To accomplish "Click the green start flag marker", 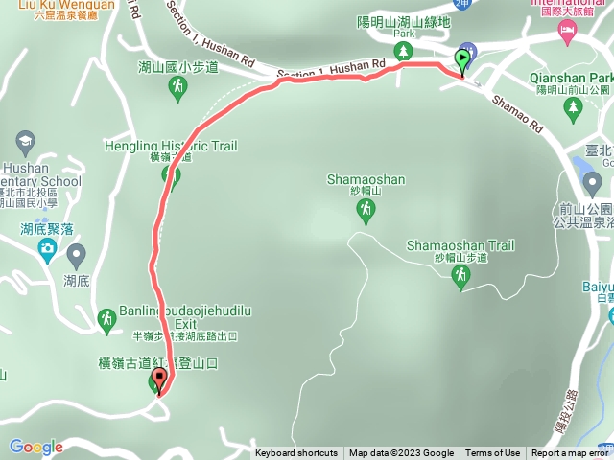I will coord(462,59).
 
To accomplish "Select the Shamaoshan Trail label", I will coord(461,245).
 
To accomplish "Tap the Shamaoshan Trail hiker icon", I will coord(461,275).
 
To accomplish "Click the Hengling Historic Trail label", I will coord(171,146).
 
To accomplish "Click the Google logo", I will coord(35,447).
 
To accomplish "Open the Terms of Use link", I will coord(493,453).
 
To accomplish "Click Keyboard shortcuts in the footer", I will coord(295,453).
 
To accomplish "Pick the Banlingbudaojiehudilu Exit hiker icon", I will coord(107,316).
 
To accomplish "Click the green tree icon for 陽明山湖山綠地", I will coord(404,50).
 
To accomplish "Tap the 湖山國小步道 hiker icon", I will coord(177,88).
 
